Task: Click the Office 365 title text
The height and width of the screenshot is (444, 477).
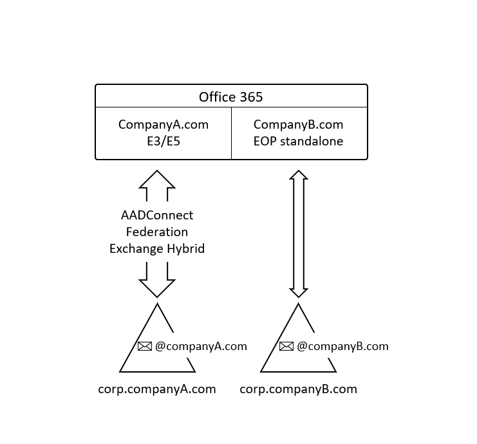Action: tap(230, 97)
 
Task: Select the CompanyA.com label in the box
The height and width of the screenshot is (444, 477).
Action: tap(164, 124)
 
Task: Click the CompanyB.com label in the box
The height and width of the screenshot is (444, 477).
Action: tap(298, 124)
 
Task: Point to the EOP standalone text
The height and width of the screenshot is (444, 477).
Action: tap(298, 141)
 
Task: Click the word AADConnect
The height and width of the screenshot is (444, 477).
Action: tap(157, 215)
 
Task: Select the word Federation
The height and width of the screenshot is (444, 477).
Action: tap(157, 232)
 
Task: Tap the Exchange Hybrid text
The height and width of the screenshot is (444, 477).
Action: tap(157, 248)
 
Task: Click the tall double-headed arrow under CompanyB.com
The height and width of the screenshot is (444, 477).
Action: tap(298, 234)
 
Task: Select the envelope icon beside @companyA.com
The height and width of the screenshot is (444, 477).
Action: tap(145, 346)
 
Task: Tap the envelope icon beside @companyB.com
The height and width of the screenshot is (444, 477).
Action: tap(286, 346)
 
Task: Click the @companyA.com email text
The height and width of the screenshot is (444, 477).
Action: tap(201, 346)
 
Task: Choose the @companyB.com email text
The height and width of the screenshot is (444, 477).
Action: tap(342, 346)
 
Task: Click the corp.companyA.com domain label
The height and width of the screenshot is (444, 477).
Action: tap(157, 389)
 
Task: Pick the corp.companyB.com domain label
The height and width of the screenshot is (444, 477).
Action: tap(298, 389)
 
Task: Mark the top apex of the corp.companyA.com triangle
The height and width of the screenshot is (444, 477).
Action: tap(157, 304)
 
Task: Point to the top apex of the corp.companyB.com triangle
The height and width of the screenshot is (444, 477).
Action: tap(298, 304)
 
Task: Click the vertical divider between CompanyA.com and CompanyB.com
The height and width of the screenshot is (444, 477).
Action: tap(231, 133)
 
